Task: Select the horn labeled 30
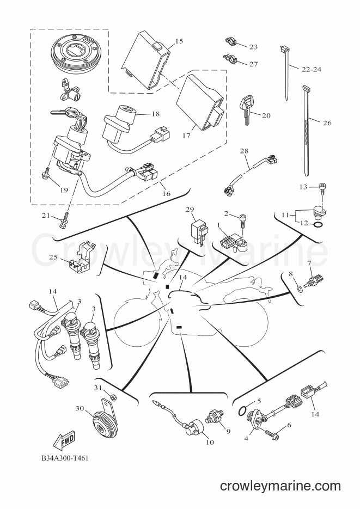[x=104, y=422]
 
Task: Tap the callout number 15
[x=179, y=41]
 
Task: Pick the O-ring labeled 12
[x=318, y=224]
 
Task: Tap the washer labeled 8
[x=300, y=287]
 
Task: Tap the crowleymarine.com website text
[x=280, y=486]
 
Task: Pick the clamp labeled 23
[x=231, y=42]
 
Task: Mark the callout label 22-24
[x=312, y=70]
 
